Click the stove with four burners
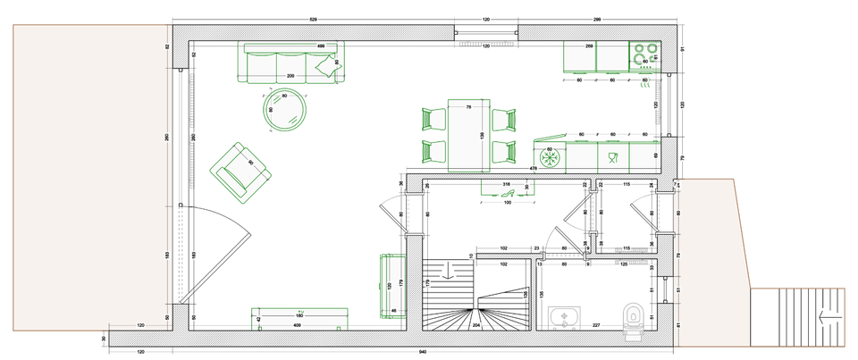click(x=643, y=55)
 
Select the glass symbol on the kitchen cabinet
click(x=612, y=159)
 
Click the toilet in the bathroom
click(x=634, y=319)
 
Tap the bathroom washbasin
click(x=565, y=317)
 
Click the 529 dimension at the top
click(x=313, y=19)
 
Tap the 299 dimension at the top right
click(x=596, y=19)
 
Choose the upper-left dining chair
click(x=433, y=120)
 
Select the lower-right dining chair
click(x=505, y=152)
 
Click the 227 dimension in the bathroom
click(x=595, y=326)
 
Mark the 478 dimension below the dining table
click(x=534, y=169)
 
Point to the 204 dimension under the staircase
click(x=475, y=326)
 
